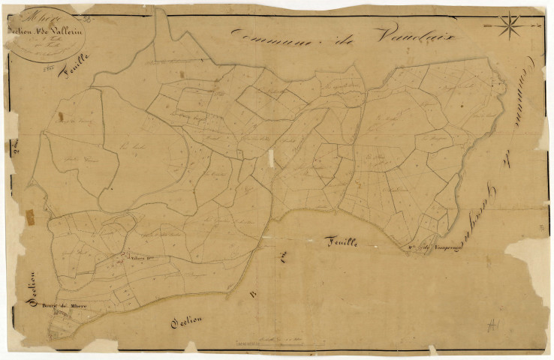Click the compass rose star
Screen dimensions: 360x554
(509, 25)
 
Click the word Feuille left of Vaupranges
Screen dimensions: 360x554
(345, 241)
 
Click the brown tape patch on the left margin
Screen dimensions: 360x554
(29, 218)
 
